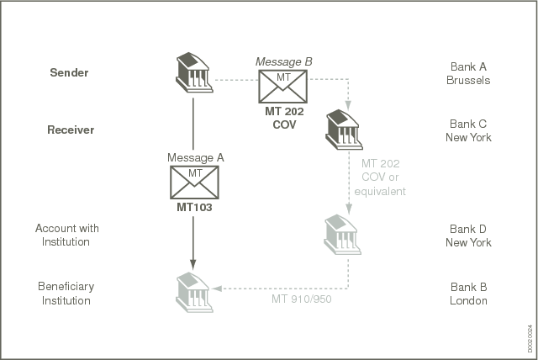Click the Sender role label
point(69,72)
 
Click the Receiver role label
point(71,130)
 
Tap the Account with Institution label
point(67,235)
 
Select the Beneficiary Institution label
point(66,294)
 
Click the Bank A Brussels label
point(468,73)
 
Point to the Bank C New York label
point(468,130)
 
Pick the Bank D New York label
point(468,236)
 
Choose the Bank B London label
point(468,294)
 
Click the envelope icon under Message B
point(282,87)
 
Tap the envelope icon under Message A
point(194,183)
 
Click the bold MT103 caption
point(194,207)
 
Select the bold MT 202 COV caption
point(284,118)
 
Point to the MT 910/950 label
point(302,299)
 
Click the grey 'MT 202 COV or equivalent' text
point(380,177)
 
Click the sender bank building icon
point(194,72)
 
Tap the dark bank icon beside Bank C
point(344,130)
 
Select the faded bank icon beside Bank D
point(342,235)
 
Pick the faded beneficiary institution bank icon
point(194,293)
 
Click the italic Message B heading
point(284,61)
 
